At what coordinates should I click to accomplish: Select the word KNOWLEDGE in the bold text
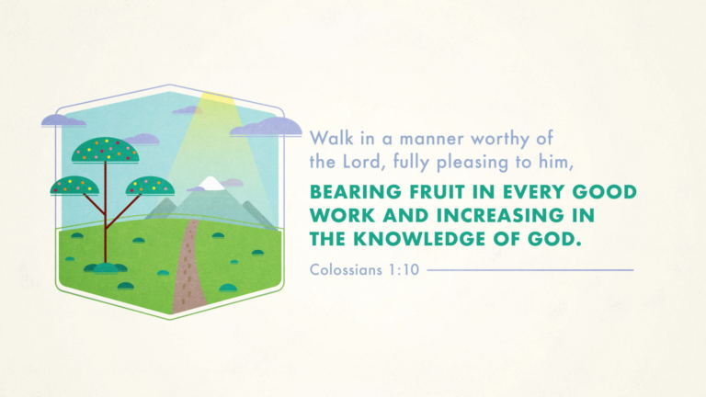point(416,239)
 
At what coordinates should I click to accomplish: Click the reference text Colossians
point(346,269)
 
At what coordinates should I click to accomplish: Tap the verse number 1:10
point(404,269)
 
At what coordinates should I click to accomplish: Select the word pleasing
point(473,163)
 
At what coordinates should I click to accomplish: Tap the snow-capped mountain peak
point(211,183)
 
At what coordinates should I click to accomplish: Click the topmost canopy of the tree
point(106,150)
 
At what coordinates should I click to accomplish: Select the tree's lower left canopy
point(74,186)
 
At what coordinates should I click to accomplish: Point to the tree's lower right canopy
point(150,186)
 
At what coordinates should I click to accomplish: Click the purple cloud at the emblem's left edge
point(63,120)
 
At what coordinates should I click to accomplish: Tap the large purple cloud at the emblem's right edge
point(266,127)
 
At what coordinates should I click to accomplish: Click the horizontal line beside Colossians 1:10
point(530,270)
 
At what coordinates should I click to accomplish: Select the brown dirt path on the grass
point(189,270)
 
